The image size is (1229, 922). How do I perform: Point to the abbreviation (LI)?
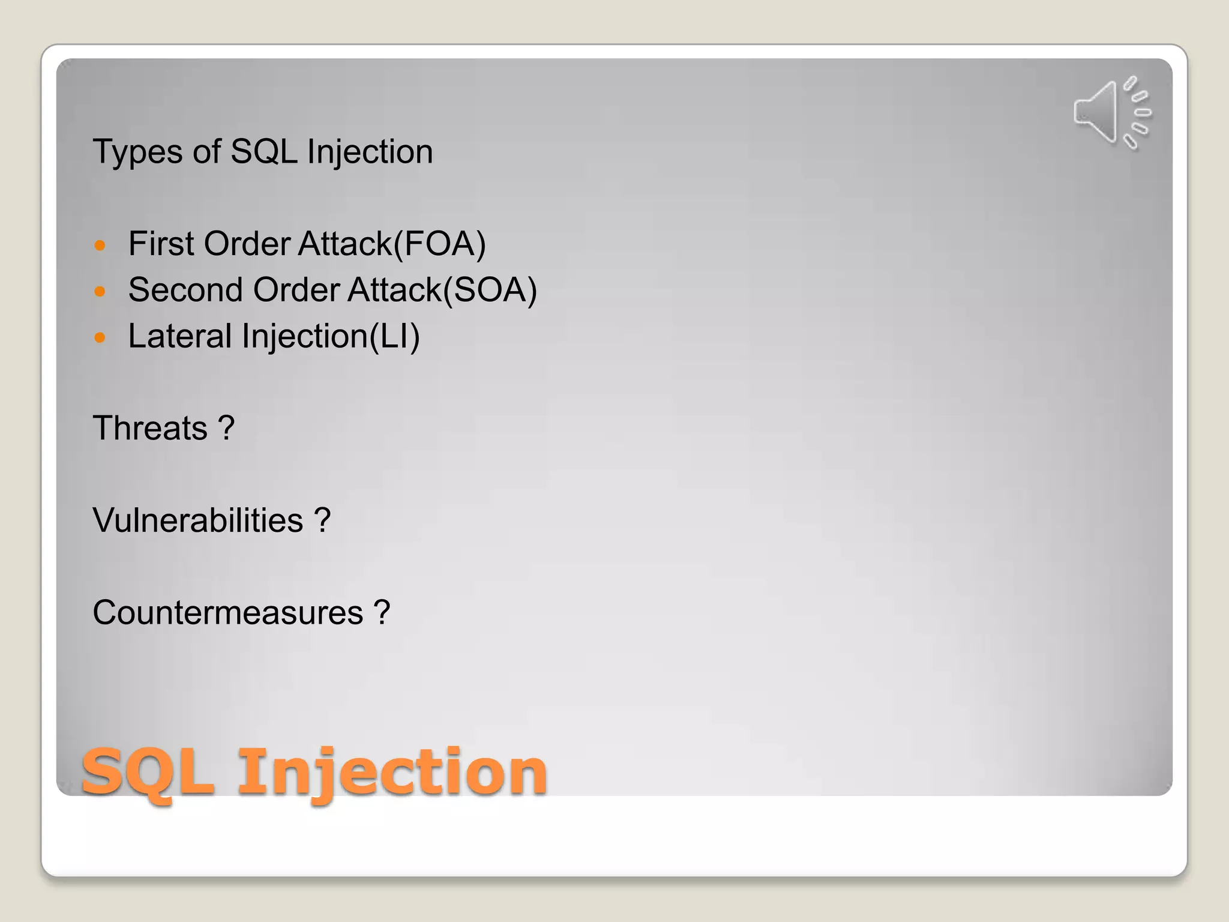pyautogui.click(x=394, y=336)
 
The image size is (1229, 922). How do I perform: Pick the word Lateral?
pyautogui.click(x=179, y=336)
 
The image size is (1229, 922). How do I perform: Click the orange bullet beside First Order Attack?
pyautogui.click(x=100, y=246)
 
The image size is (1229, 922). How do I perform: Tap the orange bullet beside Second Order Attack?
pyautogui.click(x=100, y=292)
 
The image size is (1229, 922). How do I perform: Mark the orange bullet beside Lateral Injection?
pyautogui.click(x=100, y=337)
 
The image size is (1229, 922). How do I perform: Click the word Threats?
pyautogui.click(x=150, y=429)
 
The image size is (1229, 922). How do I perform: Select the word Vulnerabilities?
pyautogui.click(x=198, y=520)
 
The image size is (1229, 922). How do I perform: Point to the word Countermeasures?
pyautogui.click(x=228, y=613)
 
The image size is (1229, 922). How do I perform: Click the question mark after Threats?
pyautogui.click(x=226, y=429)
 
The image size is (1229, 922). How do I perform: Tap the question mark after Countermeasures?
pyautogui.click(x=382, y=613)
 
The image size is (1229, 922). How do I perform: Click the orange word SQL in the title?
pyautogui.click(x=148, y=773)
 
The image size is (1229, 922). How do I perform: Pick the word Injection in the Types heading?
pyautogui.click(x=370, y=152)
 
